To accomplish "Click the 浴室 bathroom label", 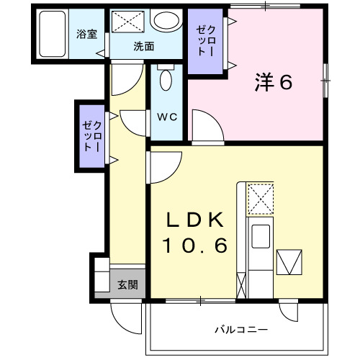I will coord(87,35).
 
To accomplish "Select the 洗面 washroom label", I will coord(143,47).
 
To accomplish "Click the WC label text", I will coord(168,116).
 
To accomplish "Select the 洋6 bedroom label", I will coord(271,83).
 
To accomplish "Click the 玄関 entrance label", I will coord(128,284).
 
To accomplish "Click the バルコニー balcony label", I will coord(241,330).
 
